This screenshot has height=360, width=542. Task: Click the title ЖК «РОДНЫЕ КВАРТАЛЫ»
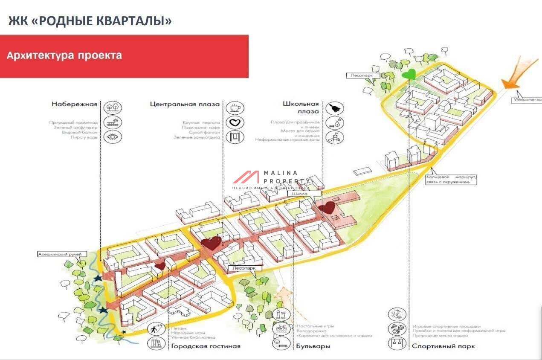(90, 21)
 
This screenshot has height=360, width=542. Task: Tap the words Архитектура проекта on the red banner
(64, 55)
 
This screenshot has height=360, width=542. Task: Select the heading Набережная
(75, 104)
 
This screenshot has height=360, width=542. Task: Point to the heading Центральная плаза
(185, 104)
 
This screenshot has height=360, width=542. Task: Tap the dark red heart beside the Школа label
(328, 208)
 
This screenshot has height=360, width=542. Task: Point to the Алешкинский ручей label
(59, 254)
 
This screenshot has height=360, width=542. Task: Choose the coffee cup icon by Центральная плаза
(234, 108)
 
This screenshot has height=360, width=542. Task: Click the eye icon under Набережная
(113, 136)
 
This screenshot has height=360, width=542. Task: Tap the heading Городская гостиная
(206, 346)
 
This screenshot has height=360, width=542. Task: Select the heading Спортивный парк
(443, 346)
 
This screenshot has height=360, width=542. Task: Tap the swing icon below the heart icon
(234, 137)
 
